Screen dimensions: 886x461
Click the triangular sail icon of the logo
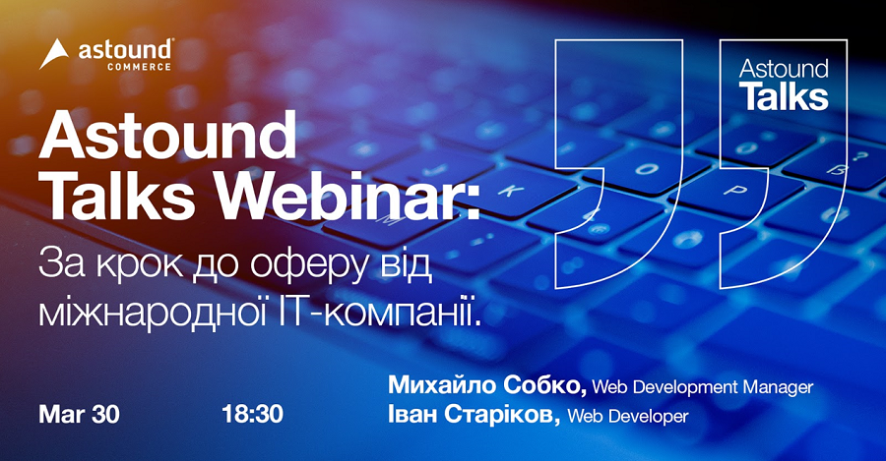[x=53, y=54]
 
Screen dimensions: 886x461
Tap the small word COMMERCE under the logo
[x=139, y=67]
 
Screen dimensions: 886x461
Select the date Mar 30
[x=79, y=414]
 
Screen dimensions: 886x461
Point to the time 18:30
[x=253, y=414]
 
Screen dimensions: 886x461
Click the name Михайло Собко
[x=487, y=386]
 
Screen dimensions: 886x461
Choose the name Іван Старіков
[x=474, y=416]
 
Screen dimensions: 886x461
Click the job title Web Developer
[x=628, y=417]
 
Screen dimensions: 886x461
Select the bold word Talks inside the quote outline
[x=784, y=96]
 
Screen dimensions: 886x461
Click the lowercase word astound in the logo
[x=125, y=50]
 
